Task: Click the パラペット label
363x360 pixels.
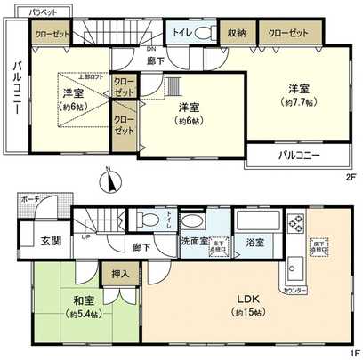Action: [43, 12]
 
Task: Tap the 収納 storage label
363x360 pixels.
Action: [236, 33]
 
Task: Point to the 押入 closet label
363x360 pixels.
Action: [119, 276]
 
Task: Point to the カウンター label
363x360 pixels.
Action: [294, 289]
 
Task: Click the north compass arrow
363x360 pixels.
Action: [110, 180]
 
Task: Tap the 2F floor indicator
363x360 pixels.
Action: [351, 176]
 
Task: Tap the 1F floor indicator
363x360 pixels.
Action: [351, 351]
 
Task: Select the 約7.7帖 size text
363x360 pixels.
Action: [297, 101]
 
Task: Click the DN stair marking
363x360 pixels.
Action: [152, 49]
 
